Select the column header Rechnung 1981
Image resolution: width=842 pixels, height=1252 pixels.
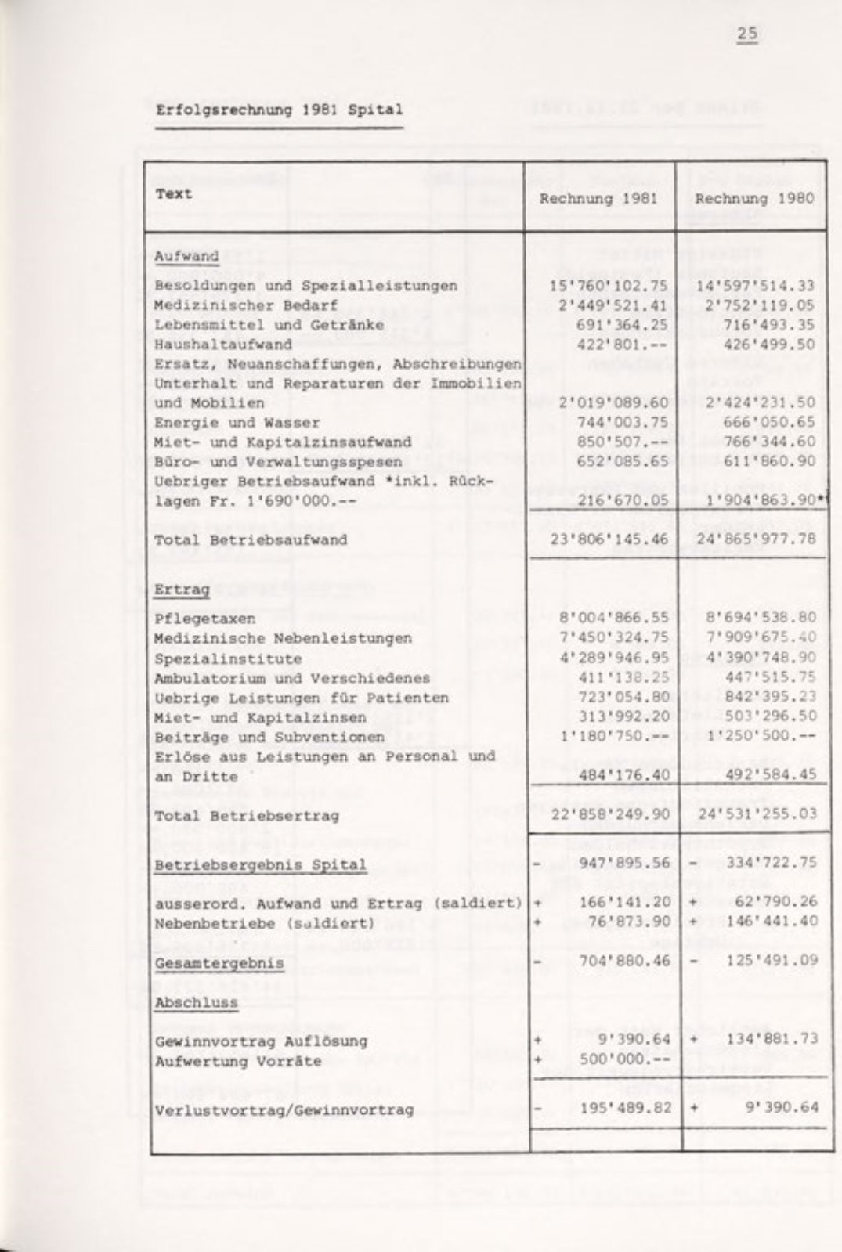(x=598, y=199)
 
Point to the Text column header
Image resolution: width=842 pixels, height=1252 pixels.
(x=173, y=194)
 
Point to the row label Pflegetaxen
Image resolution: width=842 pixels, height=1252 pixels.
(x=204, y=619)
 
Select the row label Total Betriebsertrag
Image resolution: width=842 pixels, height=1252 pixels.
(x=247, y=816)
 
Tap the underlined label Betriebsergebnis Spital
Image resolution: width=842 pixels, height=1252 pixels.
(x=260, y=865)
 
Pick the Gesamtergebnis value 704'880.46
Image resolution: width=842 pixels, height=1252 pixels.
(x=624, y=961)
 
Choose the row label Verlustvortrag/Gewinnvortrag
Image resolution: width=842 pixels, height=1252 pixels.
(x=284, y=1110)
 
